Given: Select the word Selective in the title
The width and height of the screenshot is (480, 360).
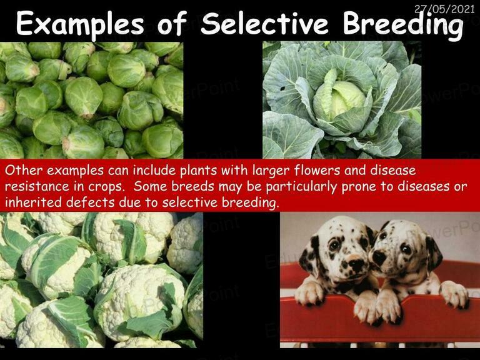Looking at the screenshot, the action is point(264,22).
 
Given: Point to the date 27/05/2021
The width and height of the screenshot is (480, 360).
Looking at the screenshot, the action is point(444,9).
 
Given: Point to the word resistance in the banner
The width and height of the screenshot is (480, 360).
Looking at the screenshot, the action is point(37,186).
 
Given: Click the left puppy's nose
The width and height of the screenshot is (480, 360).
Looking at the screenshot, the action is point(356,264).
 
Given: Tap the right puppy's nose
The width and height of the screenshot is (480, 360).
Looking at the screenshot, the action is point(378,257).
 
